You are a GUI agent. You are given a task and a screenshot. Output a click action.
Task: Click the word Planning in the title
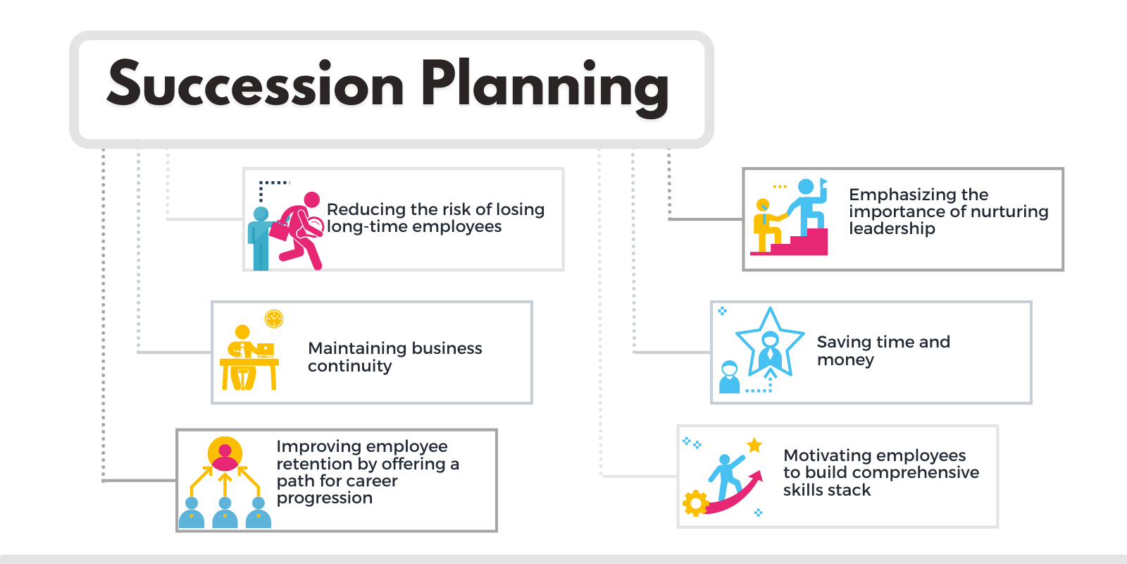click(x=545, y=87)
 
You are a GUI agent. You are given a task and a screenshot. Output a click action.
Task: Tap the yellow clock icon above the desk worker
click(x=274, y=319)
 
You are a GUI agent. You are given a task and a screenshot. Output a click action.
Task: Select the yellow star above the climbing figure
click(x=754, y=445)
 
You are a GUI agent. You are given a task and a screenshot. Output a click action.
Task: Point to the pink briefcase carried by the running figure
click(x=280, y=229)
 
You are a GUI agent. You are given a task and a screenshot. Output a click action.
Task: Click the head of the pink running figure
click(x=312, y=200)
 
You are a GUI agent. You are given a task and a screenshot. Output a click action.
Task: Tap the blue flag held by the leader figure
click(x=823, y=181)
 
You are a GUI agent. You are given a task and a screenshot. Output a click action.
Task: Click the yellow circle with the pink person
click(x=225, y=454)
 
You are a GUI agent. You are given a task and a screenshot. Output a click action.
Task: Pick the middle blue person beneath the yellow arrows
click(x=225, y=513)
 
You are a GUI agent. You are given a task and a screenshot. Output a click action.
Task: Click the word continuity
click(x=349, y=366)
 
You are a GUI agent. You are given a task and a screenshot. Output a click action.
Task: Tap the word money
click(x=845, y=360)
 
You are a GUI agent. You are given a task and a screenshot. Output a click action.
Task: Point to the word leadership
click(x=892, y=228)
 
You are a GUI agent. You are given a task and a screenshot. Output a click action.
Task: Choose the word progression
click(x=325, y=498)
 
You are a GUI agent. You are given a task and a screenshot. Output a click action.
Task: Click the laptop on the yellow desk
click(x=265, y=350)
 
